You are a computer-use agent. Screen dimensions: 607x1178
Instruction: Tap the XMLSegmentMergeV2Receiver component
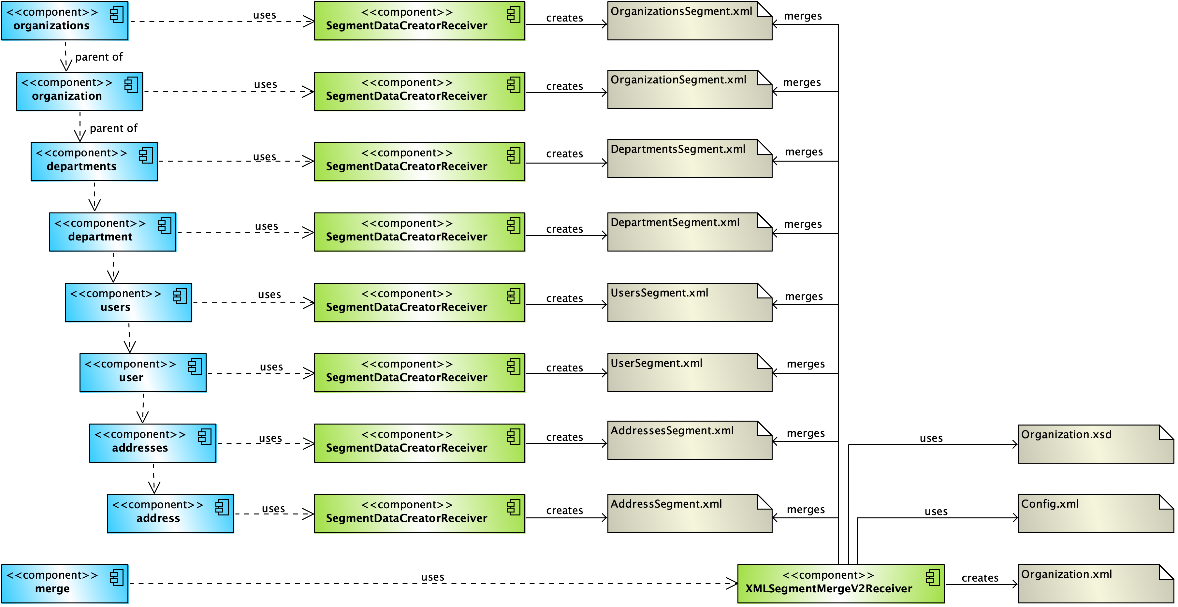pos(840,584)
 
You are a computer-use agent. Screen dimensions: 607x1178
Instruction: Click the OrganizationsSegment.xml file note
pos(689,21)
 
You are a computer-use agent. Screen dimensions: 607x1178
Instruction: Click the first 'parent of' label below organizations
pos(99,57)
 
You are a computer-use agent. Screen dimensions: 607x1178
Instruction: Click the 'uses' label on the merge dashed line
pos(432,577)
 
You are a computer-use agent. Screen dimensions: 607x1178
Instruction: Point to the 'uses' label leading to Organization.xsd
pos(931,438)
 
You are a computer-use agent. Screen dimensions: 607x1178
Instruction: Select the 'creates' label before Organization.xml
pos(980,578)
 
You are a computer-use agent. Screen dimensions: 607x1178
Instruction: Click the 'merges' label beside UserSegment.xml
pos(805,364)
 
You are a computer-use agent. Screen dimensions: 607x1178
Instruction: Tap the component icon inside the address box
pos(222,507)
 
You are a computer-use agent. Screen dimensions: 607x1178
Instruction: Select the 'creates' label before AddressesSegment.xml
pos(564,437)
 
